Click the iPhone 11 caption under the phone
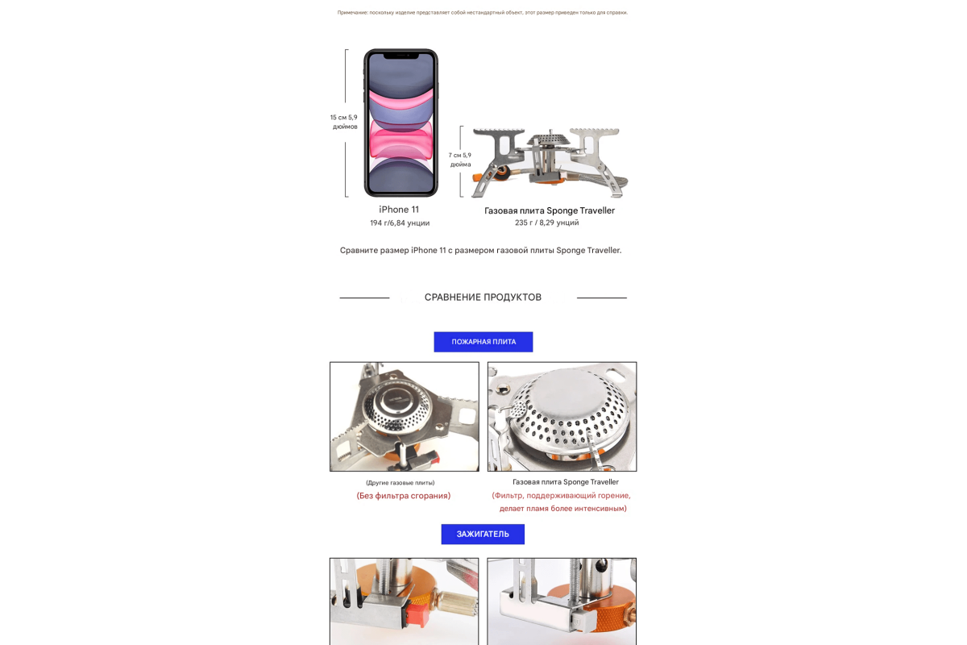[399, 210]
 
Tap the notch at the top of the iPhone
[401, 56]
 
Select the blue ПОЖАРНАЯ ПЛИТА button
[483, 342]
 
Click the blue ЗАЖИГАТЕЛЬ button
[483, 534]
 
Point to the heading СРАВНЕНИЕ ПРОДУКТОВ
[483, 298]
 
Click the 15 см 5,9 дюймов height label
[344, 122]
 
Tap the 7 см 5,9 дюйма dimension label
[460, 160]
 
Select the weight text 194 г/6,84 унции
[400, 223]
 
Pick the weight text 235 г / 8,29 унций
[546, 223]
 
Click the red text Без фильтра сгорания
[404, 496]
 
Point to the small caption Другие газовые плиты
[400, 483]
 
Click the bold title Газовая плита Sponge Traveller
[549, 210]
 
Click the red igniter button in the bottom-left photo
[417, 614]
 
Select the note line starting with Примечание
[483, 13]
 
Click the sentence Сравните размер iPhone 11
[480, 250]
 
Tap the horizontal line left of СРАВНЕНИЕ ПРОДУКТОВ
[364, 298]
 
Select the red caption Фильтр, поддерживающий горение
[561, 496]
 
